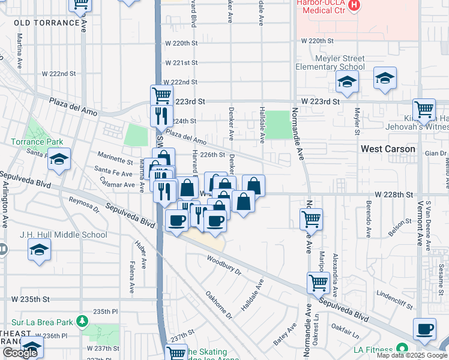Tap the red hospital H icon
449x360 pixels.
355,5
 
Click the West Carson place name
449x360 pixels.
387,149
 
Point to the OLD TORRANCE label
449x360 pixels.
47,23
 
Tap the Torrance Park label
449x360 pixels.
37,142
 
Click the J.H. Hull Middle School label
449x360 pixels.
63,235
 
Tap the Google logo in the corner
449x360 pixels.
20,353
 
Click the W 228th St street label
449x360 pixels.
394,195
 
